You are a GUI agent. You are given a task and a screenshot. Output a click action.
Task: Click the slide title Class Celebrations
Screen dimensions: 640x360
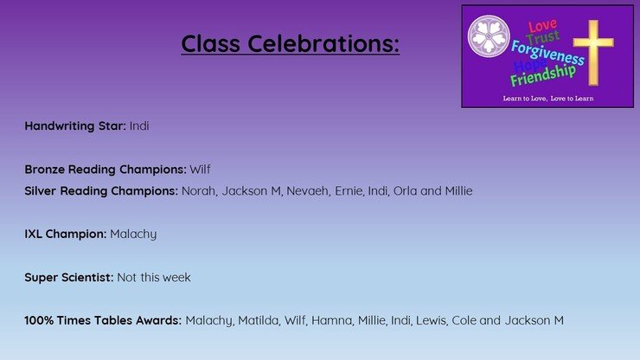point(291,43)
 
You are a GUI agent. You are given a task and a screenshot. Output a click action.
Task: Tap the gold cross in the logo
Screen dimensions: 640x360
point(593,52)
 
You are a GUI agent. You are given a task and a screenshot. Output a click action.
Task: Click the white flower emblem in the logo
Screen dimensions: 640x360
point(489,36)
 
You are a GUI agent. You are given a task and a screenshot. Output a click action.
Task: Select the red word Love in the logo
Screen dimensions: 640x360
point(542,26)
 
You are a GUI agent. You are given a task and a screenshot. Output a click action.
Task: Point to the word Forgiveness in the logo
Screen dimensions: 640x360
point(547,53)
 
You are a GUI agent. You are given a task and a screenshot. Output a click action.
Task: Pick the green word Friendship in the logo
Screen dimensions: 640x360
point(543,75)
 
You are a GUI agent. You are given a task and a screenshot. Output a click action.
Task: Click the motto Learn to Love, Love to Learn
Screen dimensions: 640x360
point(548,99)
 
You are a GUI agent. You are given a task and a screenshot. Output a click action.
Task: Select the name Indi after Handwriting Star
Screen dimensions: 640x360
point(139,125)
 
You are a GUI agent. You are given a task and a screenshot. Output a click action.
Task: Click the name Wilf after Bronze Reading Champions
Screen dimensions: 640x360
point(200,169)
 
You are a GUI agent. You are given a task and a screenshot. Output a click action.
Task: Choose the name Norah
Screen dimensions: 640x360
point(199,191)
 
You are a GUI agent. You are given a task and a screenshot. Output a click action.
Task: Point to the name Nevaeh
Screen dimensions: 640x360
point(307,191)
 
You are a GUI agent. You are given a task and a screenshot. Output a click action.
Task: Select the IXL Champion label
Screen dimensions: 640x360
point(66,235)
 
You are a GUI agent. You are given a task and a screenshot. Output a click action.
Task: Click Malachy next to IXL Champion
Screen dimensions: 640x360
point(133,235)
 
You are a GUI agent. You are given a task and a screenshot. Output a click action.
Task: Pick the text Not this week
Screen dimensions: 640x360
point(154,278)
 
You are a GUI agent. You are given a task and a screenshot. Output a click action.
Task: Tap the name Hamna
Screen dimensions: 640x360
point(331,320)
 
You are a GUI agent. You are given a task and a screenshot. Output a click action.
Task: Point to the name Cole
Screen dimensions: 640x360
point(464,320)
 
